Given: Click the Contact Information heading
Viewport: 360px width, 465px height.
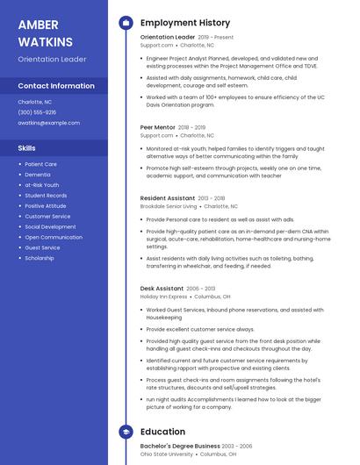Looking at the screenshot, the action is [x=56, y=86].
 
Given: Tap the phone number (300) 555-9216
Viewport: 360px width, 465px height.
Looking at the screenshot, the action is [x=37, y=112].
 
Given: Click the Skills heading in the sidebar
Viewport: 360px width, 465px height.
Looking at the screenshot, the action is [x=27, y=148].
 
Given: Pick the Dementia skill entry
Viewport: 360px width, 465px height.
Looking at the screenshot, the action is [x=39, y=175].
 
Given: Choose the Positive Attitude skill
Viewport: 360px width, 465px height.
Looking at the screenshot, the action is [x=46, y=205].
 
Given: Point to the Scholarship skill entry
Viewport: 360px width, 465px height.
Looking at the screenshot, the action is [x=40, y=258].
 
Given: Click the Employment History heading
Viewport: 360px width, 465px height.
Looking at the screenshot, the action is [x=185, y=23].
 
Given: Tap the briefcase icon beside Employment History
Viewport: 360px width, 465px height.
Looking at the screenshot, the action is [x=126, y=23].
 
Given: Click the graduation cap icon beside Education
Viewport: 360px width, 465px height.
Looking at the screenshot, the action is [x=126, y=432].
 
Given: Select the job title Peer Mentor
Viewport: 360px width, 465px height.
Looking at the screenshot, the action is [x=157, y=127].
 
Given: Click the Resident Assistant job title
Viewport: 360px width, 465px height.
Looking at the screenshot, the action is [x=168, y=198].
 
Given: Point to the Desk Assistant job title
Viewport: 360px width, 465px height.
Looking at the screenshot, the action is [x=162, y=288].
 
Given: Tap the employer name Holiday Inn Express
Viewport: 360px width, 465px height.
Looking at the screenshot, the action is [x=164, y=297].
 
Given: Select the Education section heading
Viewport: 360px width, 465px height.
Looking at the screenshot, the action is [x=162, y=432].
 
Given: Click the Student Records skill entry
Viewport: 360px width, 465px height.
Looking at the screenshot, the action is [x=46, y=195].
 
